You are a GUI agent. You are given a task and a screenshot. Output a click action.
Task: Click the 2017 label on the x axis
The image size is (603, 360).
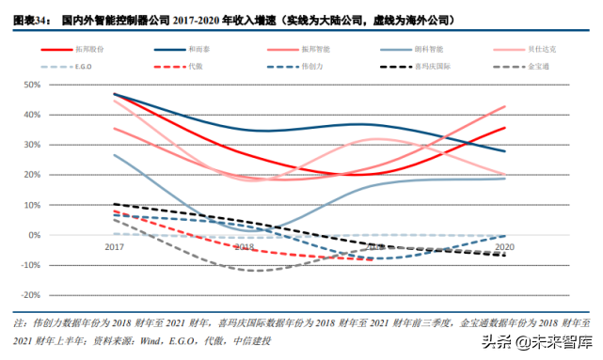coord(114,245)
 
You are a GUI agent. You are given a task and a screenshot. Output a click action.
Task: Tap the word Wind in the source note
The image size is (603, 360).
coord(166,338)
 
